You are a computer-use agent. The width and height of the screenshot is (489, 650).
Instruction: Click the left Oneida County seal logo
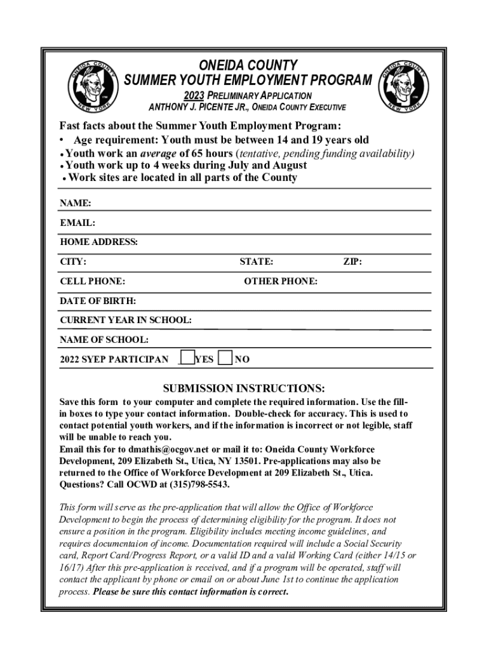click(92, 86)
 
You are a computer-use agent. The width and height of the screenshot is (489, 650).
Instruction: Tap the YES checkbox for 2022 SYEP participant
click(186, 358)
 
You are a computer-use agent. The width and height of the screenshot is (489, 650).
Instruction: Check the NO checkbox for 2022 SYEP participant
click(225, 358)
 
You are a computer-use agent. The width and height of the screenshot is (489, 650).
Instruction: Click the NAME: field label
click(76, 204)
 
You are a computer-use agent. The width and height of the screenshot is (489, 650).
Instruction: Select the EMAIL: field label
click(77, 223)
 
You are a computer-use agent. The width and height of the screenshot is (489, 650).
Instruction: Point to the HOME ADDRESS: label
click(98, 242)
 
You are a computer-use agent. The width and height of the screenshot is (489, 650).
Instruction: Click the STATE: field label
click(257, 262)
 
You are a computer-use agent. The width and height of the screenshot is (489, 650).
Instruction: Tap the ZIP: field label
click(352, 262)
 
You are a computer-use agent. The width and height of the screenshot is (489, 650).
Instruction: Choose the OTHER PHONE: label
click(281, 282)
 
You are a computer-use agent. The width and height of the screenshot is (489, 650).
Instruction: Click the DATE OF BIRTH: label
click(98, 301)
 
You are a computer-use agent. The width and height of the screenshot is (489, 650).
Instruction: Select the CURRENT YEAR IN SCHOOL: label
click(126, 321)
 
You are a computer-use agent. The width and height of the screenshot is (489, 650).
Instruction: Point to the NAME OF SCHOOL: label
click(104, 340)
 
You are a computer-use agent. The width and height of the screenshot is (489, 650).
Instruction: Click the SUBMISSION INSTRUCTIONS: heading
click(244, 388)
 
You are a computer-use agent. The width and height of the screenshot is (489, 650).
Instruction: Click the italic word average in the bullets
click(158, 154)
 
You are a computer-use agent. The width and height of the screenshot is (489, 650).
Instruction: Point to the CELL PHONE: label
click(92, 282)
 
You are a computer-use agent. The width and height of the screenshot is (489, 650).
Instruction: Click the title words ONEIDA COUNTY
click(248, 65)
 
